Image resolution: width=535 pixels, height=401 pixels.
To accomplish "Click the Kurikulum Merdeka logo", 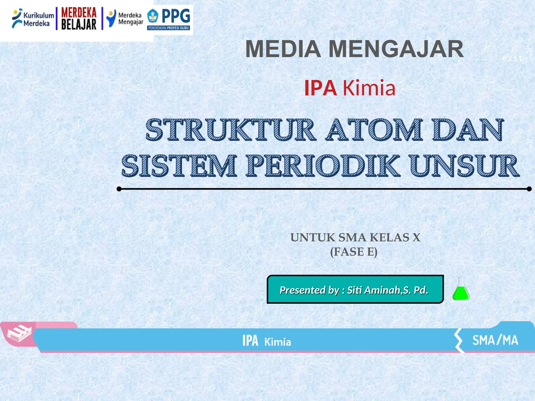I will (33, 19).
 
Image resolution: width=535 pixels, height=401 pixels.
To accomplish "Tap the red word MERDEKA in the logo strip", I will (79, 13).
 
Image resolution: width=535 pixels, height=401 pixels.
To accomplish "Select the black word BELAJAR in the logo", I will (79, 25).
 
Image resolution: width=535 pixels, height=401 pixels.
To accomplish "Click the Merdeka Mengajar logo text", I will (130, 19).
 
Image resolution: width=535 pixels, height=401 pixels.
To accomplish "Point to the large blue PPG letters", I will (176, 16).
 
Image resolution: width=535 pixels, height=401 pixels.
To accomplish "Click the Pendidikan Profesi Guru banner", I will (168, 28).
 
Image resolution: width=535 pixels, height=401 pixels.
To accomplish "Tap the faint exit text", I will (512, 58).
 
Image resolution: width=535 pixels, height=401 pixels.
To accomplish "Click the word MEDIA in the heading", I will (283, 49).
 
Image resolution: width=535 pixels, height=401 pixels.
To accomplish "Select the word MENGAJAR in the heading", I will (396, 49).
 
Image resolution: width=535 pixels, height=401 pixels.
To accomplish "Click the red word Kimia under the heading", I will (369, 88).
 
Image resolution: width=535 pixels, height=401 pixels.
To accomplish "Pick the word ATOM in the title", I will (374, 130).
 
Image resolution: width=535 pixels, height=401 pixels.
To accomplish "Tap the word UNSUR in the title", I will (464, 166).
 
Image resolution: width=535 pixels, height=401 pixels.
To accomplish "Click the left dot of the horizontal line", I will (119, 189).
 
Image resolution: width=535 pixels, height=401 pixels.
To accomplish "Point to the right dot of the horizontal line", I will (529, 189).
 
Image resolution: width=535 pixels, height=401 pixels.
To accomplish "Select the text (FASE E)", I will (354, 252).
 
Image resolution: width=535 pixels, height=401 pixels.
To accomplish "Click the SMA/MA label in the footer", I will (495, 340).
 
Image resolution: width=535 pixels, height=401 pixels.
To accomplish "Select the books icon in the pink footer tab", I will (19, 333).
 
